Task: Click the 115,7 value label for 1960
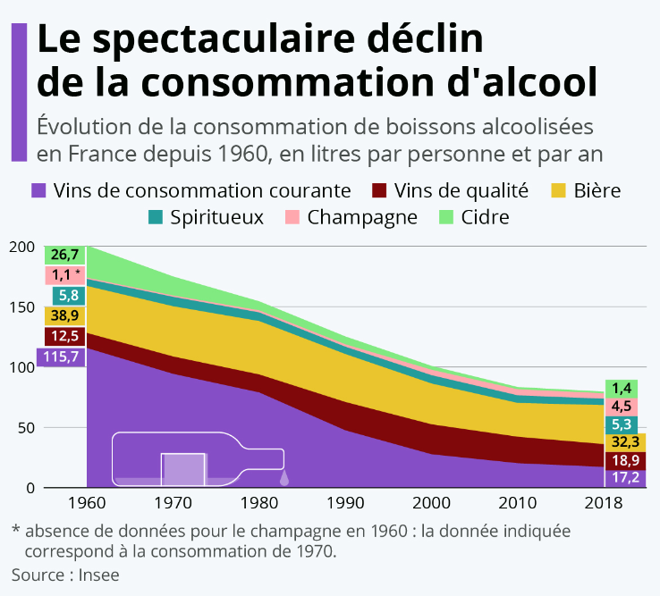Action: (x=59, y=357)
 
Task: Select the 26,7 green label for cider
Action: (x=64, y=255)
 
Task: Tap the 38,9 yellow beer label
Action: (x=64, y=315)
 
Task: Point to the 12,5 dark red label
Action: (x=64, y=336)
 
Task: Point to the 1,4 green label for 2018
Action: (x=623, y=388)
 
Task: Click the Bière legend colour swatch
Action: (x=558, y=190)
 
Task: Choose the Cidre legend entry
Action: (x=474, y=217)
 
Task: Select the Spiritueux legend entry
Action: (x=205, y=217)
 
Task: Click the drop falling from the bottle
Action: (x=283, y=477)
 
